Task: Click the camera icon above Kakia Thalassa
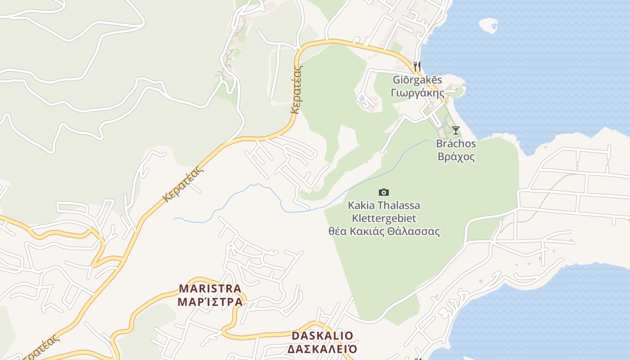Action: click(383, 193)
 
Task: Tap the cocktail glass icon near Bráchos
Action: click(456, 130)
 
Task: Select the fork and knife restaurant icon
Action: click(417, 67)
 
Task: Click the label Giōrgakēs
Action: click(418, 80)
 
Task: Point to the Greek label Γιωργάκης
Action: click(418, 93)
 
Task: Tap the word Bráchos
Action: click(456, 144)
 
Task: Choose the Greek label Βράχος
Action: click(456, 157)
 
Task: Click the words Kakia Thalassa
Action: click(384, 206)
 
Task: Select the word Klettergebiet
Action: click(384, 219)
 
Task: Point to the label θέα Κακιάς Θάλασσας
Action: click(384, 232)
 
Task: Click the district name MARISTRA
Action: click(210, 288)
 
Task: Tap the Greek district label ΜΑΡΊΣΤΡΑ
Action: click(210, 301)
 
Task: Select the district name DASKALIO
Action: click(323, 336)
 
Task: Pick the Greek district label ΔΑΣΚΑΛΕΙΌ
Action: click(323, 349)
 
